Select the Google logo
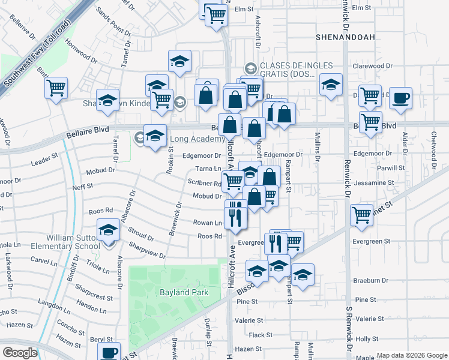coord(20,353)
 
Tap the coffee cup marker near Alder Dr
coord(400,98)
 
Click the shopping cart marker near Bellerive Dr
coord(56,89)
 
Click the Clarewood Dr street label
coord(372,65)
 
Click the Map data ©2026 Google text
coord(411,355)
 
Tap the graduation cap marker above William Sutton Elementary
coord(108,230)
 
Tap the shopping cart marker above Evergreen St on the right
coord(362,215)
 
